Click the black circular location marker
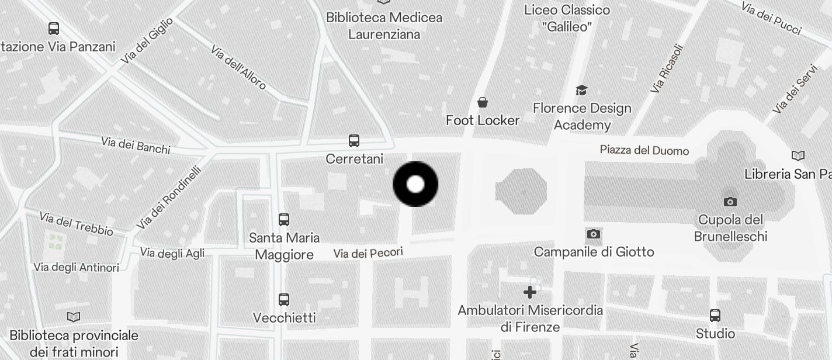[x=415, y=184]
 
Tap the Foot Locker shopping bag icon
[x=483, y=103]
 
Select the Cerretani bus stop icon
[x=354, y=141]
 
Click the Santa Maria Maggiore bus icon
[x=284, y=220]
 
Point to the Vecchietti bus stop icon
[x=284, y=300]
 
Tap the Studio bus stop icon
[x=715, y=316]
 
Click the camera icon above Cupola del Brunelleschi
[x=730, y=202]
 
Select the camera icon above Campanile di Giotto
[x=594, y=234]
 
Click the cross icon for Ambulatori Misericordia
[x=530, y=292]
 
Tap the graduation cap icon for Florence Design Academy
[x=581, y=90]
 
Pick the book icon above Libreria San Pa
[x=798, y=155]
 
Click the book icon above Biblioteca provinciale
[x=74, y=317]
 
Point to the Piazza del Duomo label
[x=644, y=150]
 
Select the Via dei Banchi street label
[x=136, y=145]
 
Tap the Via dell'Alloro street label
[x=238, y=67]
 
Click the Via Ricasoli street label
[x=666, y=69]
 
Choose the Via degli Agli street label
[x=172, y=252]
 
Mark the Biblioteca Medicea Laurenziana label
[x=384, y=26]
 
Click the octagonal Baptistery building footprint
[x=521, y=191]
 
